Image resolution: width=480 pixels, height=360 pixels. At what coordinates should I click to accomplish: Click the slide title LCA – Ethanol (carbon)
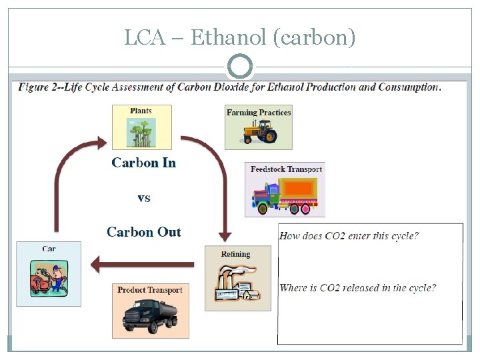(x=240, y=37)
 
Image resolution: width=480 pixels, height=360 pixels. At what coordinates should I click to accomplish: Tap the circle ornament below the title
(x=240, y=67)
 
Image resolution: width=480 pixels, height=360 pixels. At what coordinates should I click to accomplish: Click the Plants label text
(x=141, y=111)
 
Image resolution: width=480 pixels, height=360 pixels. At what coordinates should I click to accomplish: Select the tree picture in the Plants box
(x=141, y=132)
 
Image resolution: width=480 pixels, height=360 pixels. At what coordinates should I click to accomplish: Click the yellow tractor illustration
(x=259, y=133)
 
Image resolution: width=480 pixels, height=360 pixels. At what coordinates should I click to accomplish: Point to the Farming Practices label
(x=259, y=113)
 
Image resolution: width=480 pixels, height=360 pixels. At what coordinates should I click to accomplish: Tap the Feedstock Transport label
(x=286, y=169)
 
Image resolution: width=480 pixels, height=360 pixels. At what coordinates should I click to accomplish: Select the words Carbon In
(x=144, y=163)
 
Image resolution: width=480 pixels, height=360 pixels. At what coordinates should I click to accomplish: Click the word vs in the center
(x=144, y=198)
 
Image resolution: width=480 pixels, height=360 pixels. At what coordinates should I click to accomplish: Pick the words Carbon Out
(x=144, y=232)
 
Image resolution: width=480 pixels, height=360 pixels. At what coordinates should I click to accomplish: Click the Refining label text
(x=236, y=254)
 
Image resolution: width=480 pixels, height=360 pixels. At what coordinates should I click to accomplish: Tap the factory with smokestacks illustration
(x=237, y=284)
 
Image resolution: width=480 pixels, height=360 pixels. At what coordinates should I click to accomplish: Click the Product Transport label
(x=149, y=290)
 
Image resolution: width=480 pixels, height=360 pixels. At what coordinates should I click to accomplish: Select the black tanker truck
(x=149, y=316)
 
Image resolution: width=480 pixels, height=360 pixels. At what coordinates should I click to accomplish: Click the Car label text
(x=49, y=249)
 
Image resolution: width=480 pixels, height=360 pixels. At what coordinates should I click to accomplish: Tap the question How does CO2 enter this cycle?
(x=349, y=236)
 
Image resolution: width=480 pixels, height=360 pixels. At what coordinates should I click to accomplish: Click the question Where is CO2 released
(x=358, y=288)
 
